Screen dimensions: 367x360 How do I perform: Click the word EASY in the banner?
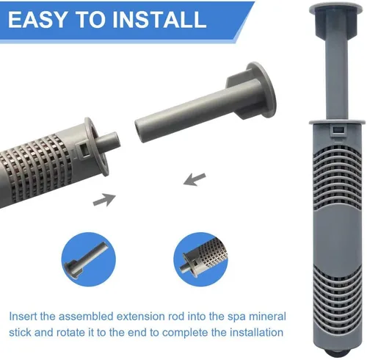37,19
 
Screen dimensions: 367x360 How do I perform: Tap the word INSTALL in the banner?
159,19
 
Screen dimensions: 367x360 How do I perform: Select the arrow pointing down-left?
195,179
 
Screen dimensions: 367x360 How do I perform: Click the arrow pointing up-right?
104,200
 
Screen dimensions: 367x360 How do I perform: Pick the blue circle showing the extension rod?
88,259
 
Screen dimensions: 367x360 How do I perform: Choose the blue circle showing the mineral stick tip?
200,259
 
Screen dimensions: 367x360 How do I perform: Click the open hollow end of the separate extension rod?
140,130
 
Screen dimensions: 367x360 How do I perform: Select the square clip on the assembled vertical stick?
338,132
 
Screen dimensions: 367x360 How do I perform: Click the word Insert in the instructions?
23,316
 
